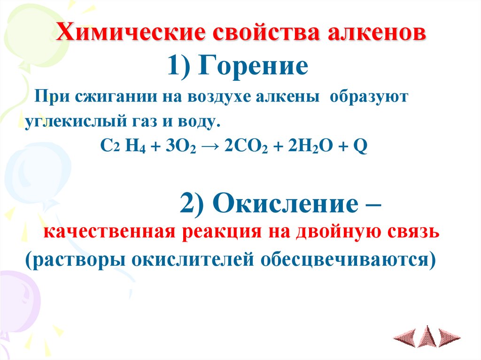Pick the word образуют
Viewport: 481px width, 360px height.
pyautogui.click(x=369, y=99)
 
